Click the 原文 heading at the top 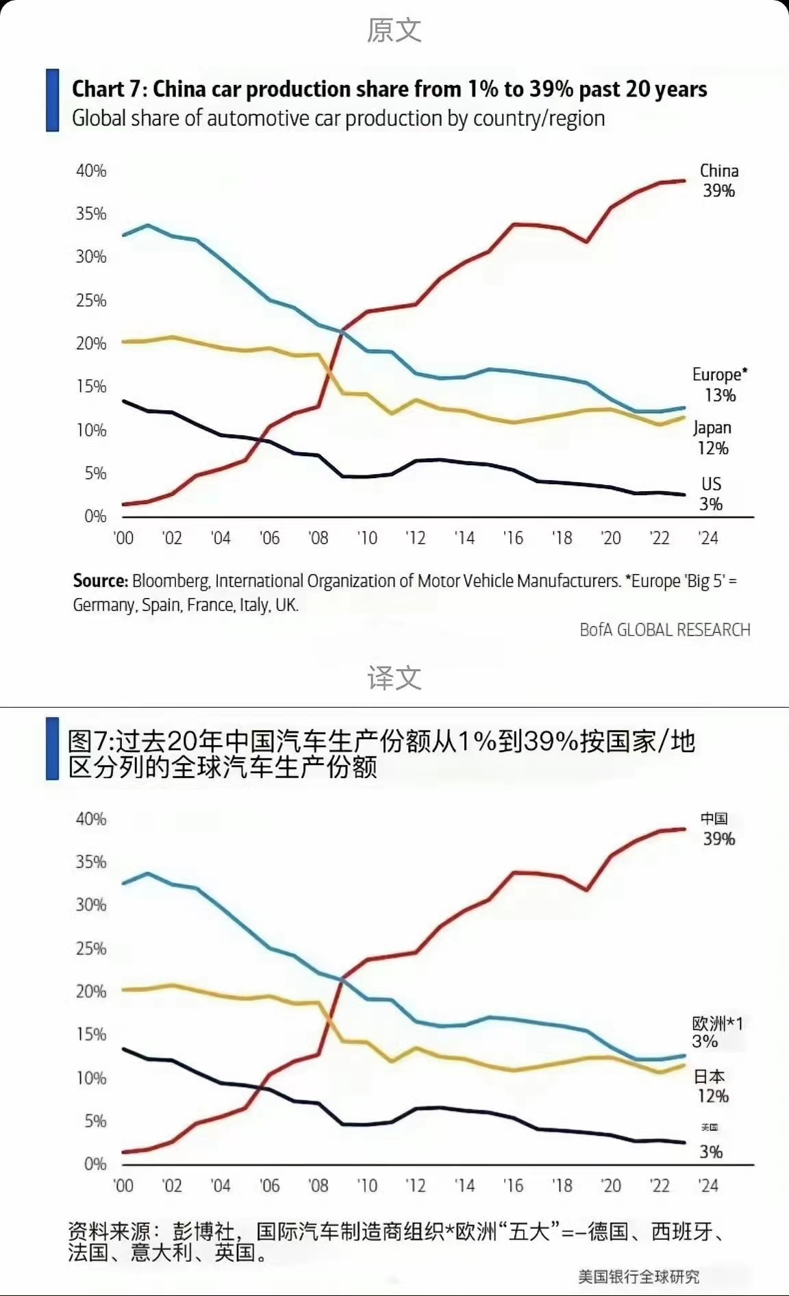tap(394, 31)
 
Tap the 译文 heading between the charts tap(394, 678)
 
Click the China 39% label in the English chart tap(718, 181)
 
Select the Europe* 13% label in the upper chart tap(719, 384)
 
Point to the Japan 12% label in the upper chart tap(712, 438)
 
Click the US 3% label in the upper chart tap(711, 494)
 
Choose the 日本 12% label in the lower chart tap(712, 1086)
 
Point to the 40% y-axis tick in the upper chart tap(91, 171)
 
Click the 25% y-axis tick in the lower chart tap(91, 949)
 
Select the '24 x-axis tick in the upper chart tap(708, 538)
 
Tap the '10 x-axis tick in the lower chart tap(367, 1186)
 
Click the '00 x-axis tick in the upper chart tap(123, 538)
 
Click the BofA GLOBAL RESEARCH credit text tap(664, 630)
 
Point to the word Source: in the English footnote tap(100, 581)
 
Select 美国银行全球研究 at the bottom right tap(638, 1277)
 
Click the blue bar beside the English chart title tap(52, 100)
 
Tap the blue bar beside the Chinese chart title tap(52, 749)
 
